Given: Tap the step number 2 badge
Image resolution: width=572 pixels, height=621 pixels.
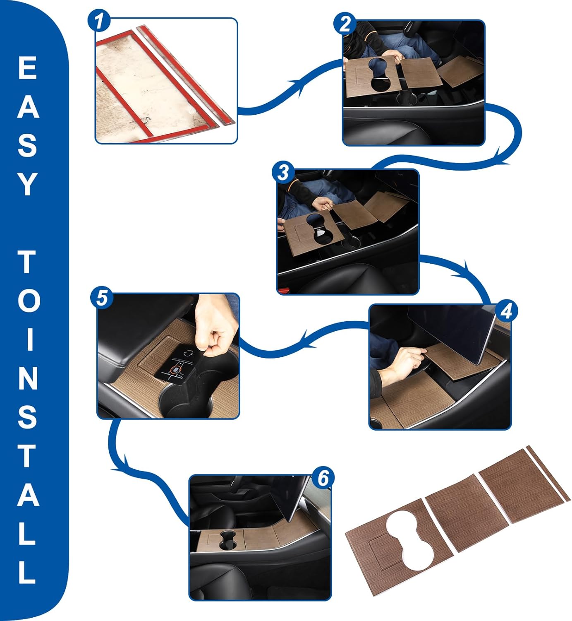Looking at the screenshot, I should [x=345, y=24].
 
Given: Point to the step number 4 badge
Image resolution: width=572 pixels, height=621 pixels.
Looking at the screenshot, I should [x=505, y=311].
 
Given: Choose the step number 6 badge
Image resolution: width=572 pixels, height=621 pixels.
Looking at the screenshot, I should [x=323, y=478].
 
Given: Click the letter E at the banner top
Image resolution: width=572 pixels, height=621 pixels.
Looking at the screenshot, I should [x=28, y=68].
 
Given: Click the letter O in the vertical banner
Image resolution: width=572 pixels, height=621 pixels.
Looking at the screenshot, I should [x=28, y=301].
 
